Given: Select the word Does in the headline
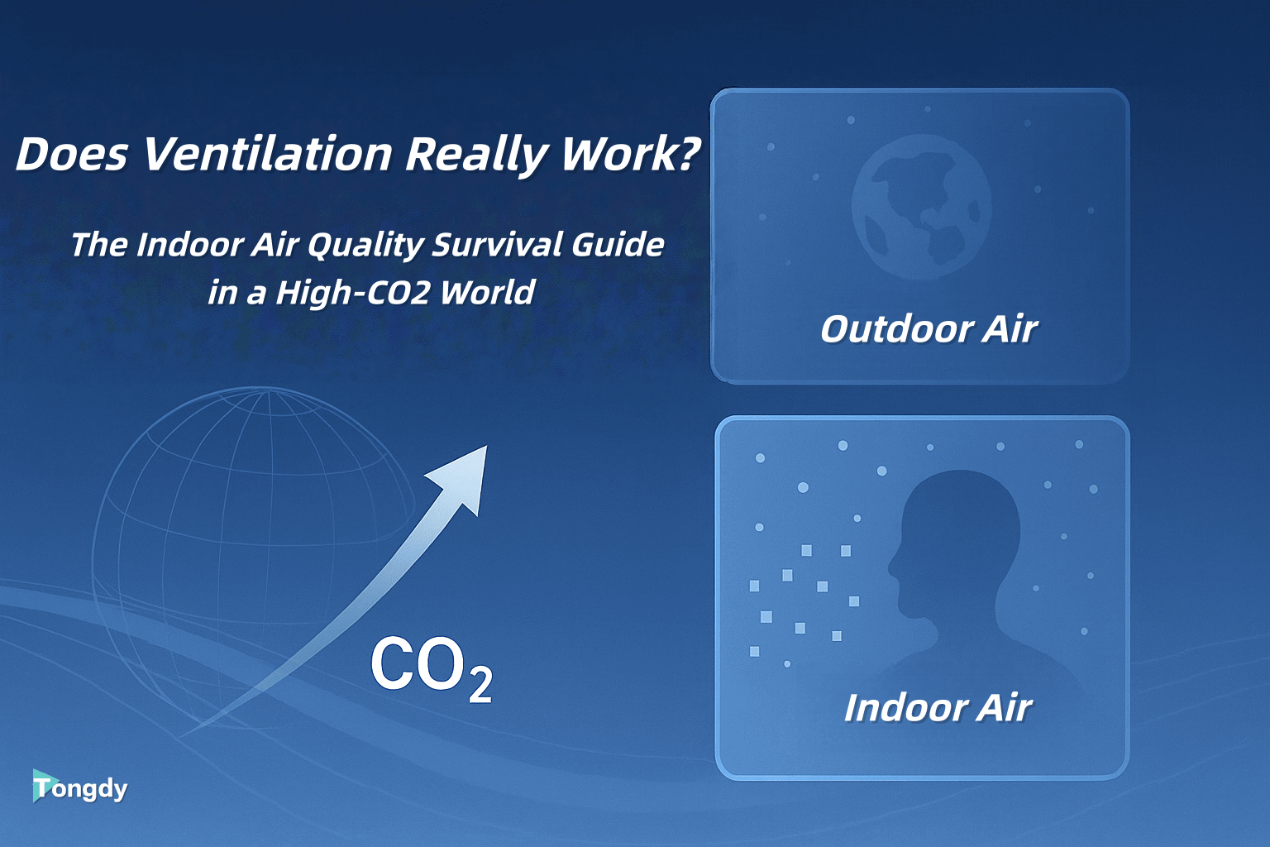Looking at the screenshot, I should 72,154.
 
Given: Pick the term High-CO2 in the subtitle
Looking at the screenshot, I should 352,293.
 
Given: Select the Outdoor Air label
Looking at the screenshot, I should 928,329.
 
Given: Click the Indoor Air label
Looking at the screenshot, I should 938,708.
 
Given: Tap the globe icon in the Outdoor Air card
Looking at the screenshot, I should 921,207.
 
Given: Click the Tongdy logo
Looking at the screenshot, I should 80,787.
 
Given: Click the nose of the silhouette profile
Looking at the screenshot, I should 890,567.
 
